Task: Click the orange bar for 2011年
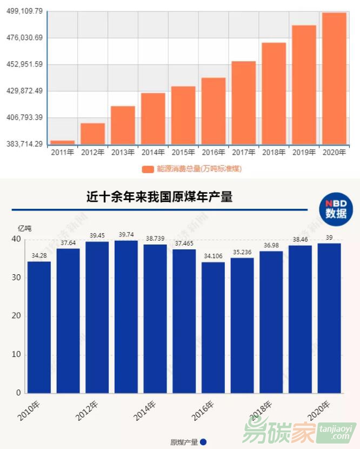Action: pos(63,142)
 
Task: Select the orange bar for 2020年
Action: pos(334,78)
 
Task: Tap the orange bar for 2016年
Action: pos(214,111)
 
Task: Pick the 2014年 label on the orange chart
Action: pos(153,153)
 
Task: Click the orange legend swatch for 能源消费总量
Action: pos(148,169)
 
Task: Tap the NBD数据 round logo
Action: pos(336,208)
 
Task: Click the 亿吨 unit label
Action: pos(25,228)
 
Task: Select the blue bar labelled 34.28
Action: pos(39,327)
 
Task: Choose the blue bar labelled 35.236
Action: pos(242,325)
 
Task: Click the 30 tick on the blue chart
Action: pos(16,278)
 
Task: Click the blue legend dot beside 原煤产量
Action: pos(203,442)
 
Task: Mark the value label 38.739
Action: pos(155,239)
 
